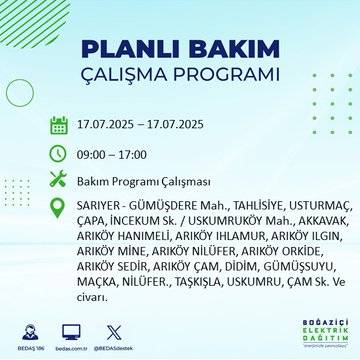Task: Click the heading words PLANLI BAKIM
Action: [180, 48]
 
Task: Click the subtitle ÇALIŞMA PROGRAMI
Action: [180, 76]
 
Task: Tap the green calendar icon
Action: [58, 126]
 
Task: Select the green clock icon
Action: [58, 154]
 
